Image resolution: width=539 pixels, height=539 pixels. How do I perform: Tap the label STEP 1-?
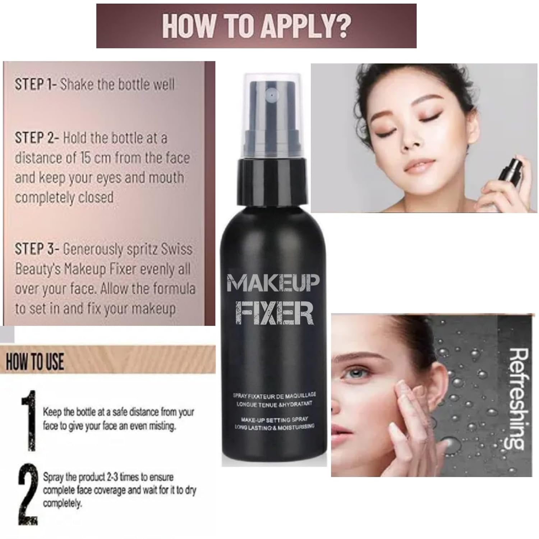[x=35, y=84]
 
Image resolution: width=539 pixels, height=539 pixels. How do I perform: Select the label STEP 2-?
[x=37, y=138]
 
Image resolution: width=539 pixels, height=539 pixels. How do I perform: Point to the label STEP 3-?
[x=37, y=249]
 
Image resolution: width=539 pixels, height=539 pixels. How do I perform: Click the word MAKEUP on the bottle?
[x=273, y=283]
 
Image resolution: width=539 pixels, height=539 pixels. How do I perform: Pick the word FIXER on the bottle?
[x=274, y=313]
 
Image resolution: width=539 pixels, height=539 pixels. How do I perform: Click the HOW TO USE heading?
[x=35, y=361]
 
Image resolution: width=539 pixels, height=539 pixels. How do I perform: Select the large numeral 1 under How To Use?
[x=29, y=420]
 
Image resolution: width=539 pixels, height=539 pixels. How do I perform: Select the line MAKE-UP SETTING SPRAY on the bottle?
[x=275, y=419]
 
